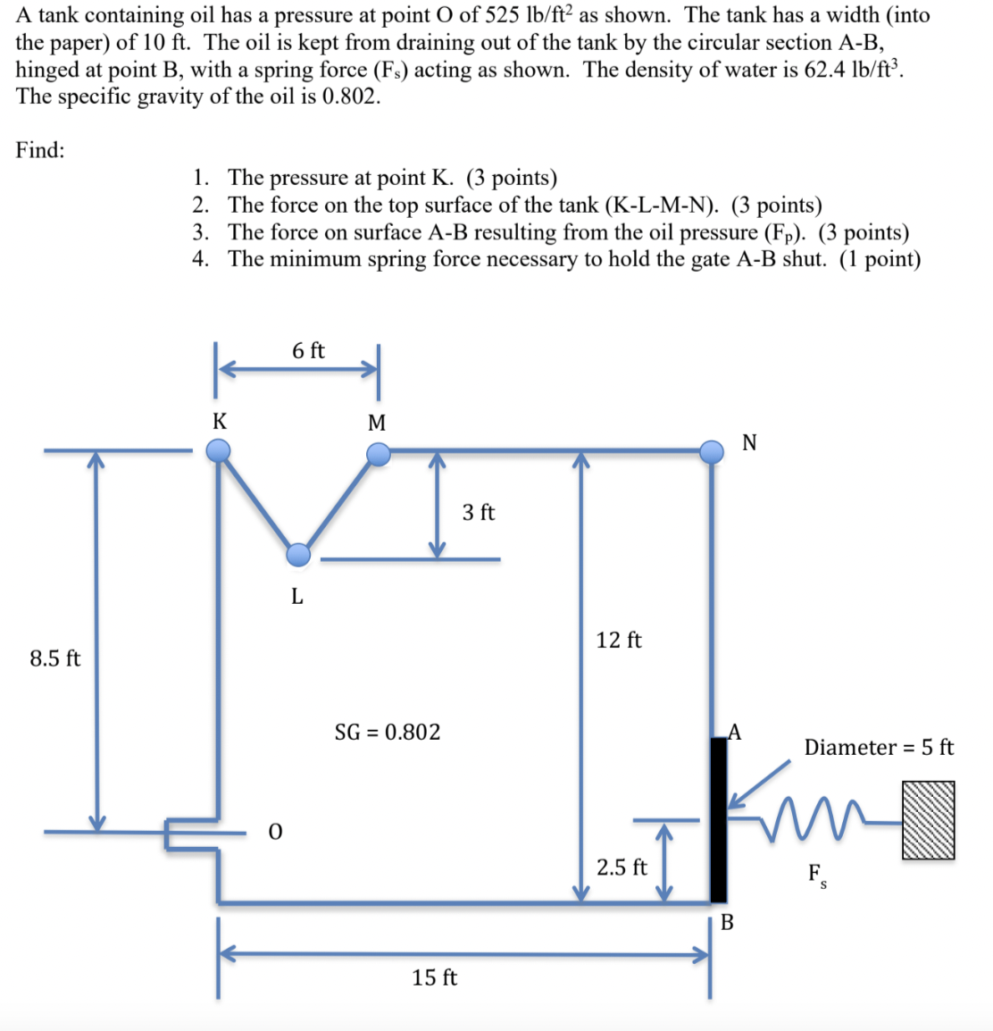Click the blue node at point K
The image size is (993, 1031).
219,452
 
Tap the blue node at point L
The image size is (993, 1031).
298,555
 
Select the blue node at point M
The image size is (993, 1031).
380,455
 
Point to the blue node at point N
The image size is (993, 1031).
712,451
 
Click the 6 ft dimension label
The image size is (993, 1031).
308,351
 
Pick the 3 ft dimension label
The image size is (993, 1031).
479,513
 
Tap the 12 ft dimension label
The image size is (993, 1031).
619,640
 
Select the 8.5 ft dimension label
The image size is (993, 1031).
55,658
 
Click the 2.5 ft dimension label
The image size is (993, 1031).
622,868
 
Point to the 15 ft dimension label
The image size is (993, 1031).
435,977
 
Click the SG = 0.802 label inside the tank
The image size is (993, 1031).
388,733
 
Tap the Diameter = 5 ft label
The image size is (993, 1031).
879,747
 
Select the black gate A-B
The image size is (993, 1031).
718,819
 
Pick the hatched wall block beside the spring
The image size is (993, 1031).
928,820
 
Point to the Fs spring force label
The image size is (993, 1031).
817,874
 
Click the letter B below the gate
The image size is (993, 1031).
727,923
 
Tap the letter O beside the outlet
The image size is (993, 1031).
275,833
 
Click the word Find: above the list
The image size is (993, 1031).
40,150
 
